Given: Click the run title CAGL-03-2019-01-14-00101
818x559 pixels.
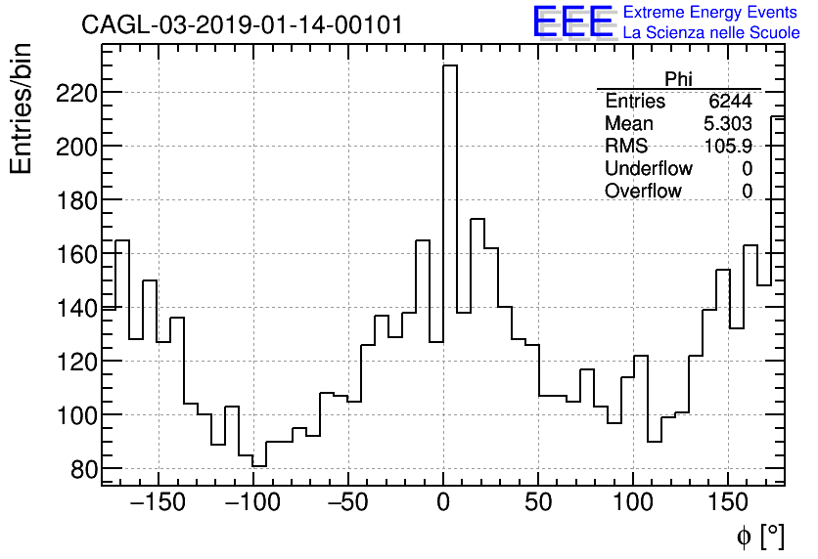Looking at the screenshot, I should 242,25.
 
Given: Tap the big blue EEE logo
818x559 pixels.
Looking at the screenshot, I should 572,21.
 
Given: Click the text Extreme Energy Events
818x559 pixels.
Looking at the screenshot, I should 710,13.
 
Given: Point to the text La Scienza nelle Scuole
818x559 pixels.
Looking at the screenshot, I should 711,33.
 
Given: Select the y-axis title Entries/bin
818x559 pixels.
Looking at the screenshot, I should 22,108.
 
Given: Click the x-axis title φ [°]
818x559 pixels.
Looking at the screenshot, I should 759,536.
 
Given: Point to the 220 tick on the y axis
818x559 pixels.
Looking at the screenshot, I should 76,93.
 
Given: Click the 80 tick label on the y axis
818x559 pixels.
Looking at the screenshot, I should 83,469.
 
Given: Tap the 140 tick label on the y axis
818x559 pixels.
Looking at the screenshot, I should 76,308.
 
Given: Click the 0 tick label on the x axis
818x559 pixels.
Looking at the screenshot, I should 443,504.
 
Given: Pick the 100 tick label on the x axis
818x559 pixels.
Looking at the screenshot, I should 633,504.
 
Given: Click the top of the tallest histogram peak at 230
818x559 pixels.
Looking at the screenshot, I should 450,66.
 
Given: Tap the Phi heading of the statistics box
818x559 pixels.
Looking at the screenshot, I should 678,79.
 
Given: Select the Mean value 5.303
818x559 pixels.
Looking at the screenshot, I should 728,124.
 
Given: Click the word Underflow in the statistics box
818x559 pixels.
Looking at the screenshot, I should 648,169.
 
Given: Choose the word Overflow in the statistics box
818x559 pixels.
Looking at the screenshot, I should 643,192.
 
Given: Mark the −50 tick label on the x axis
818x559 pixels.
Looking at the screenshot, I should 347,504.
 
